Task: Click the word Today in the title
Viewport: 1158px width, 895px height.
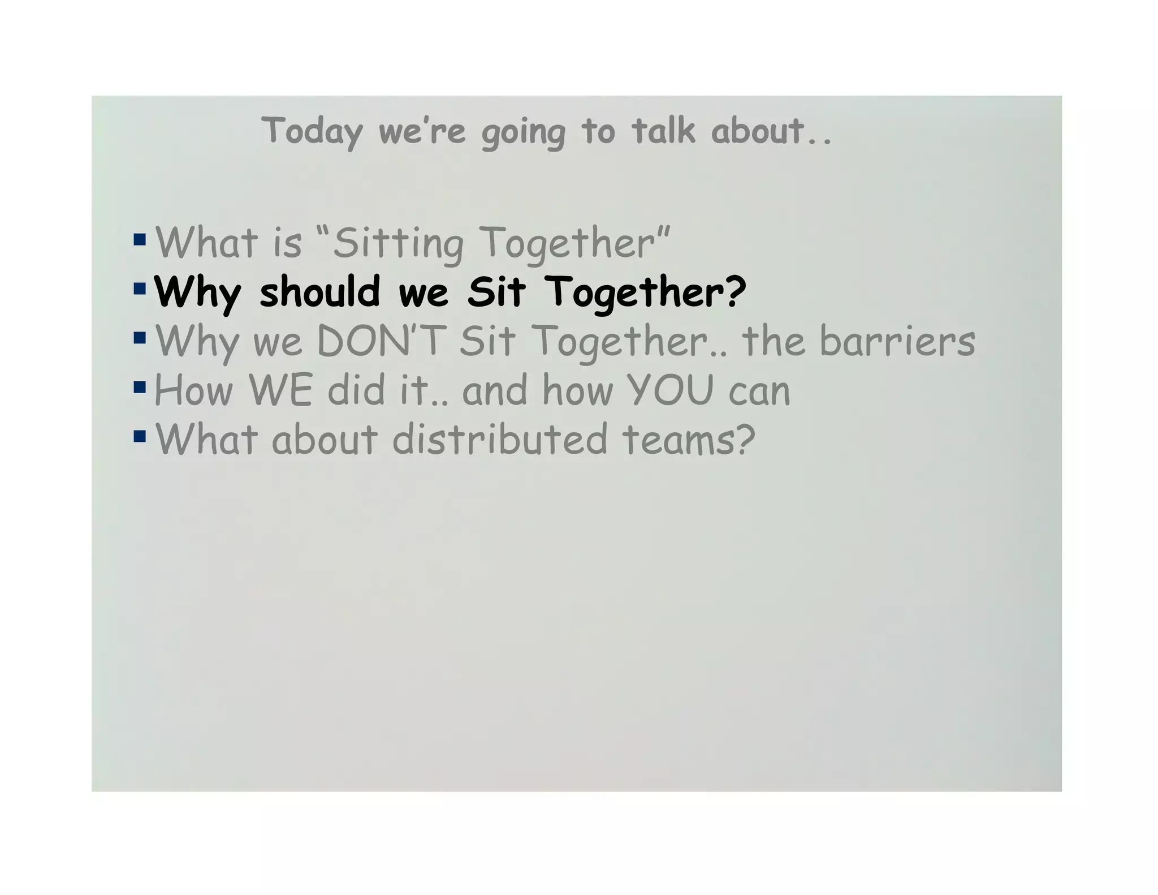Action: (312, 131)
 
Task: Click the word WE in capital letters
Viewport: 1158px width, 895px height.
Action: (280, 390)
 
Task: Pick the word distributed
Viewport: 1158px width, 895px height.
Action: (499, 439)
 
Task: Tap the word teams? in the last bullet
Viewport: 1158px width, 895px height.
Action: (689, 439)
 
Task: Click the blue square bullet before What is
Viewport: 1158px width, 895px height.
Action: (140, 239)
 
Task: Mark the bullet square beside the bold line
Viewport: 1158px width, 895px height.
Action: (140, 289)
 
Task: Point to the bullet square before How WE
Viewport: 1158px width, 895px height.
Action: (140, 387)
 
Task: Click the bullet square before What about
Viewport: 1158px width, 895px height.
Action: (140, 436)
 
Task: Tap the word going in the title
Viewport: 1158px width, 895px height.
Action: (523, 133)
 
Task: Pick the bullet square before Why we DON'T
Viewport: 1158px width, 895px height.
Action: (140, 338)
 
